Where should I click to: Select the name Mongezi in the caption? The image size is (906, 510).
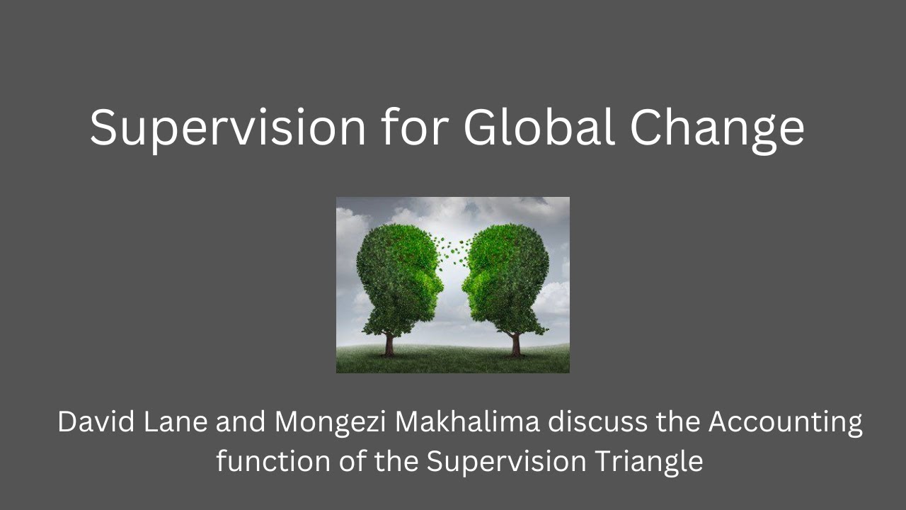329,424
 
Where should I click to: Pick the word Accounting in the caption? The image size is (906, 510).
786,424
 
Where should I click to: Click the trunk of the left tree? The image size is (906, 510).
389,344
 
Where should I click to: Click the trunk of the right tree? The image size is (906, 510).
516,344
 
